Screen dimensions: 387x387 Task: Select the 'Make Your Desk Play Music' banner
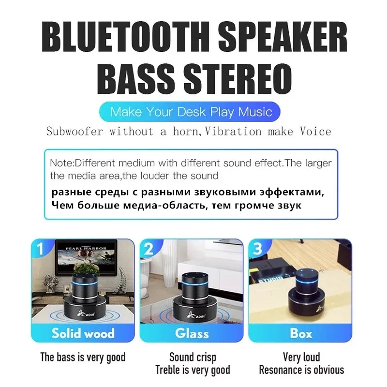(x=192, y=112)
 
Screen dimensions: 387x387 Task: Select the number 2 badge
(x=149, y=249)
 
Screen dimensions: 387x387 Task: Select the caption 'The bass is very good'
(x=83, y=357)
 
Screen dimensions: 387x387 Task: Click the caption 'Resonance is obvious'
(x=301, y=370)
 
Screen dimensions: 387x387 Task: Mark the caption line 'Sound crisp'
(x=193, y=357)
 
